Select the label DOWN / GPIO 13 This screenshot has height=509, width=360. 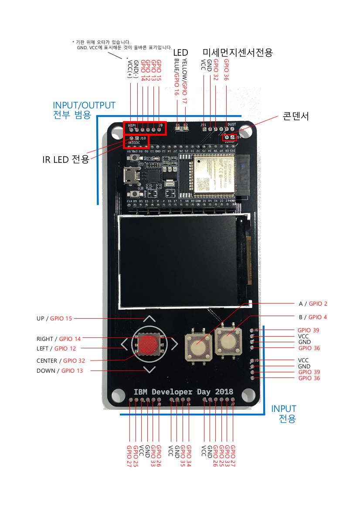pos(60,371)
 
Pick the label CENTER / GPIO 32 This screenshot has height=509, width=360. pos(61,361)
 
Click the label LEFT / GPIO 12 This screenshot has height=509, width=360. pos(56,348)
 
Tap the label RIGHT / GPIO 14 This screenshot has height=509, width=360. pos(58,339)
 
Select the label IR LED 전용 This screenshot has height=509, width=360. pos(65,159)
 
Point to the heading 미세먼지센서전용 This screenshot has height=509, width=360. pos(238,53)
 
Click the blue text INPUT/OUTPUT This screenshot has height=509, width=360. pos(84,105)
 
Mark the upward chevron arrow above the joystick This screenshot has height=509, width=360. pos(149,319)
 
